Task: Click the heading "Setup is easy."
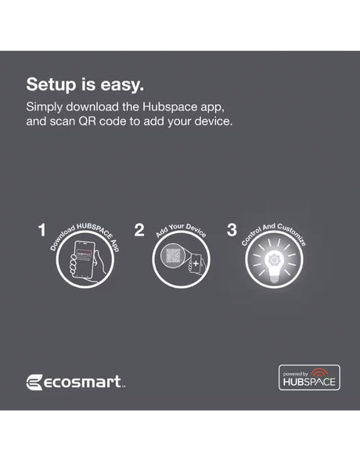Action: point(85,85)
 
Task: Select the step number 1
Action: point(42,230)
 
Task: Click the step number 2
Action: point(139,230)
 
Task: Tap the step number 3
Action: point(232,230)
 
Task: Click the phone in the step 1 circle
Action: point(85,260)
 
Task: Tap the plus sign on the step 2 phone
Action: point(196,264)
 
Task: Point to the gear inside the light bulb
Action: point(273,260)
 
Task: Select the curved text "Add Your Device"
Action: point(181,230)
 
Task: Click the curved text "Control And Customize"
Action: point(274,232)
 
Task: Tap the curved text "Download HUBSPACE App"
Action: point(85,235)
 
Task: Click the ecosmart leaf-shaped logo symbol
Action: point(34,382)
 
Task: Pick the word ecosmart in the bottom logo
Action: point(83,382)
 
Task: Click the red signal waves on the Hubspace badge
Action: point(319,372)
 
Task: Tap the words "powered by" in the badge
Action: point(295,374)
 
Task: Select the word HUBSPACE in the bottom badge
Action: point(309,382)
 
